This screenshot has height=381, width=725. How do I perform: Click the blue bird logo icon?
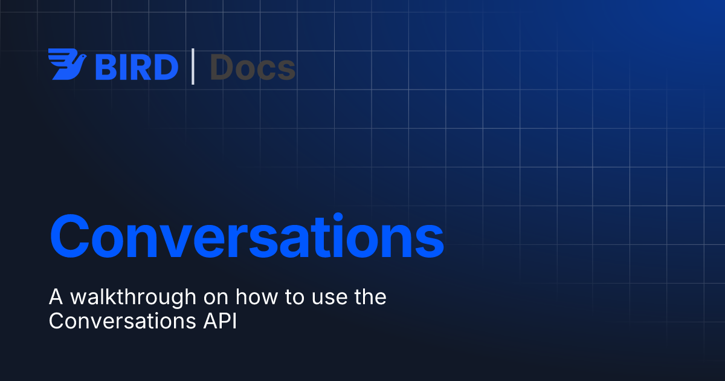click(67, 64)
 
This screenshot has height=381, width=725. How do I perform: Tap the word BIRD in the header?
click(137, 67)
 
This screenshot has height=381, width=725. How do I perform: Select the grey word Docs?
click(253, 67)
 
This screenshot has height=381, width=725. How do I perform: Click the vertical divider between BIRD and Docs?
click(193, 67)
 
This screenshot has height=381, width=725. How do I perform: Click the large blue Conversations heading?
click(247, 236)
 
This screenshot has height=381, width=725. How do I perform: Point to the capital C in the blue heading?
click(69, 236)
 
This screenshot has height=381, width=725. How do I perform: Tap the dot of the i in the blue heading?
click(338, 217)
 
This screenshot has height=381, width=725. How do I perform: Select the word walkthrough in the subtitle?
click(134, 298)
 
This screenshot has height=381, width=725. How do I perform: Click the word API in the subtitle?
click(220, 321)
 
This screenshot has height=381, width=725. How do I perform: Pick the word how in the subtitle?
click(257, 297)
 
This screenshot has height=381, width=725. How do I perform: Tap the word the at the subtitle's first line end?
click(370, 297)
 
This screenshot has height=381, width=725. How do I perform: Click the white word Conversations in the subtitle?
click(122, 321)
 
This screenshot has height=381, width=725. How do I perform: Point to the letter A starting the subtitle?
click(56, 297)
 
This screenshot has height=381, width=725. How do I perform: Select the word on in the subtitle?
click(216, 299)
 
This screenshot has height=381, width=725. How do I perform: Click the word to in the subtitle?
click(295, 298)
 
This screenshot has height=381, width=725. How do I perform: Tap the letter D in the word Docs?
click(221, 67)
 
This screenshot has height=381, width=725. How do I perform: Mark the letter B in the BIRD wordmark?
click(105, 67)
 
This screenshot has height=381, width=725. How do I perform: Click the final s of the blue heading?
click(429, 241)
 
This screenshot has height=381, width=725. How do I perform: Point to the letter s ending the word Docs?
click(286, 71)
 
